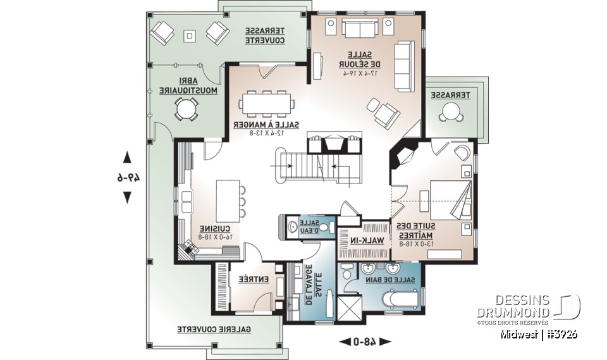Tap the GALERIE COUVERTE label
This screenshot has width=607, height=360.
pos(213,329)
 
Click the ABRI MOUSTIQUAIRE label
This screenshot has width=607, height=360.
pos(188,86)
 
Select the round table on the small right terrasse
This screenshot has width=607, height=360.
pos(450,113)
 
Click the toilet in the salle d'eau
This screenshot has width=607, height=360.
pos(324,226)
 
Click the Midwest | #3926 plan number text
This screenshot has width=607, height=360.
pos(537,334)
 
